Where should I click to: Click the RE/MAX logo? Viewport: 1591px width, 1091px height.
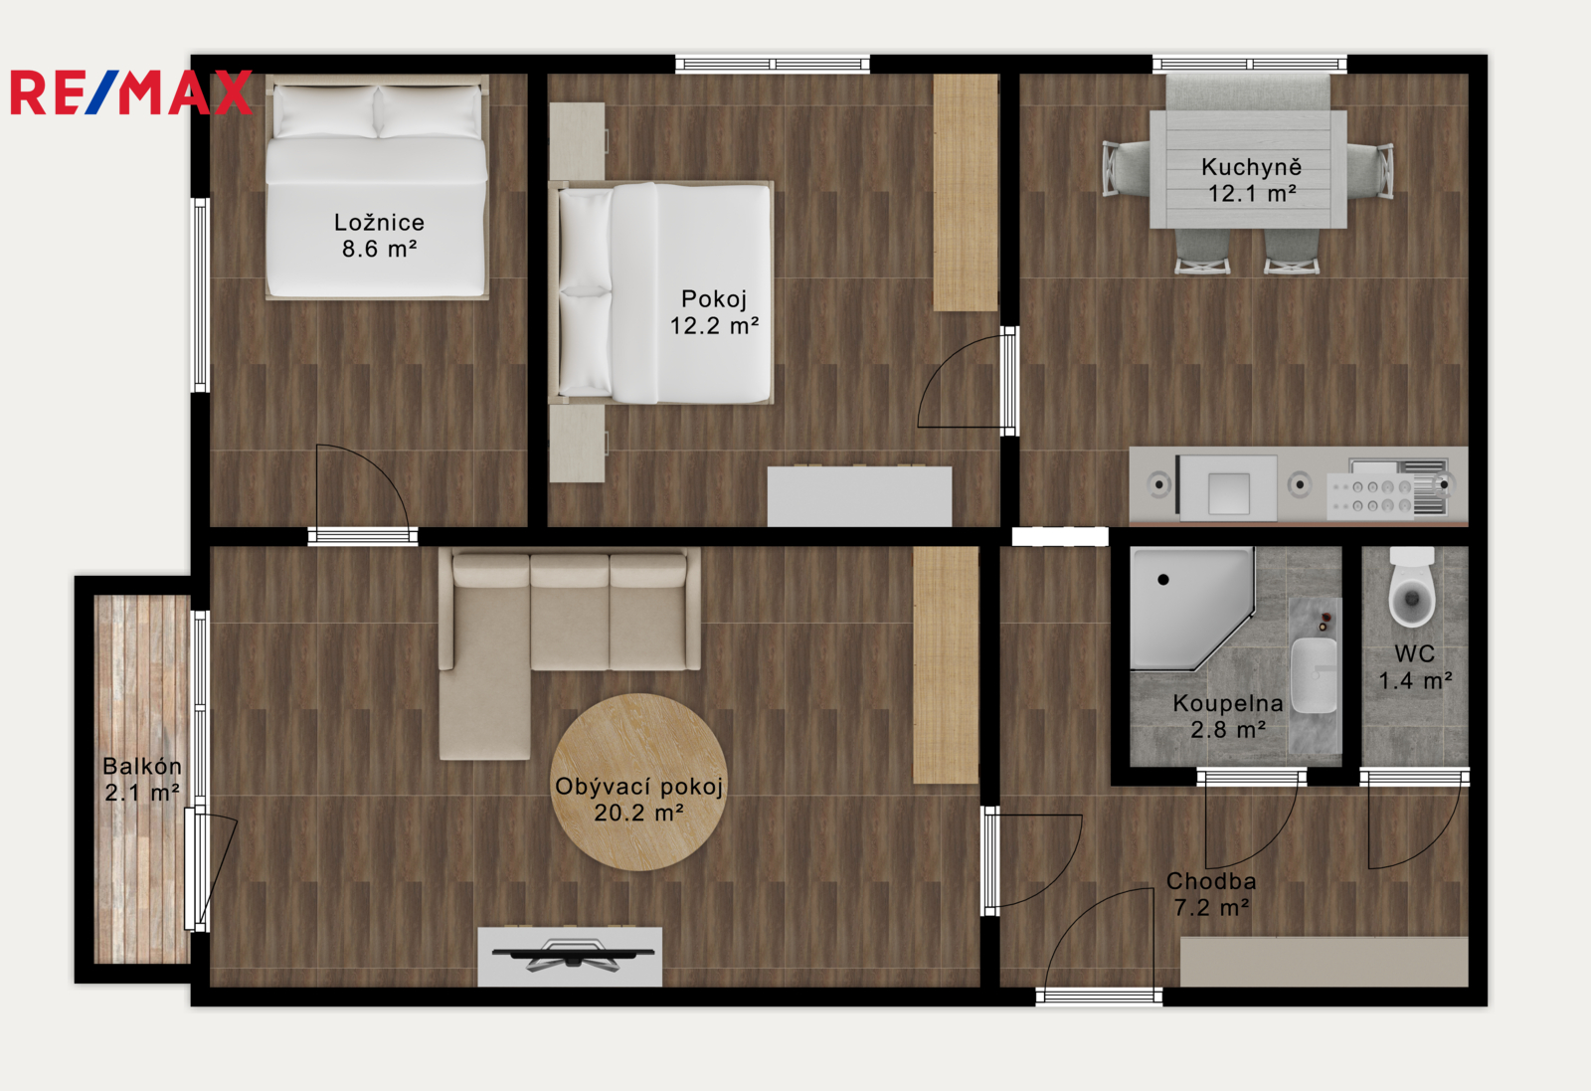tap(130, 92)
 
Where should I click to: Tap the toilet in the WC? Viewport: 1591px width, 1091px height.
tap(1412, 587)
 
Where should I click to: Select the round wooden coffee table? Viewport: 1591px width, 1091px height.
tap(638, 782)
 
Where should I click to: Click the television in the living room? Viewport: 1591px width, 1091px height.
tap(573, 954)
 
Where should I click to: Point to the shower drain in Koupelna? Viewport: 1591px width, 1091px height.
tap(1163, 580)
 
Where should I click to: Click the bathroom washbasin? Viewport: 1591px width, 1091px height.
tap(1314, 675)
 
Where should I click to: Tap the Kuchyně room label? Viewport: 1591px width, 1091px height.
tap(1252, 167)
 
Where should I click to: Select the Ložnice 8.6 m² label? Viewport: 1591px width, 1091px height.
tap(379, 235)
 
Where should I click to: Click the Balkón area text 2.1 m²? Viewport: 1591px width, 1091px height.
tap(142, 792)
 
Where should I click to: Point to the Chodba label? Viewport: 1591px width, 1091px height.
tap(1211, 881)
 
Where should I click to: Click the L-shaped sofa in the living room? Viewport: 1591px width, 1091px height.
tap(569, 652)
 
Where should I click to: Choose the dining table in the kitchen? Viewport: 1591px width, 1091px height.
tap(1248, 169)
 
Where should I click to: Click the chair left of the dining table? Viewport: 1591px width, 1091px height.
tap(1127, 168)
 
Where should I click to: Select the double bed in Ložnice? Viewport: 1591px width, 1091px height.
tap(377, 187)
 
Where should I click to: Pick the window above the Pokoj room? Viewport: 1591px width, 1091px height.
tap(772, 65)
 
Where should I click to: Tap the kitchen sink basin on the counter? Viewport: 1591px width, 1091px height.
tap(1229, 493)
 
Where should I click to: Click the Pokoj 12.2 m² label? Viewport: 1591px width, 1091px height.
tap(715, 312)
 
